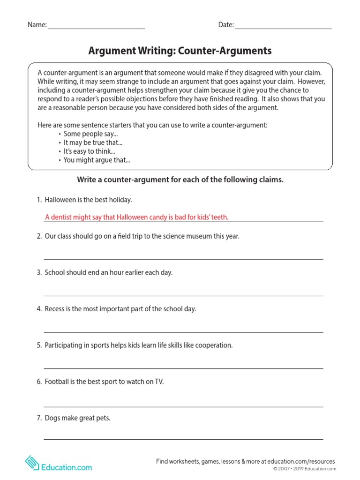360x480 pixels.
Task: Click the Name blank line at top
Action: (96, 28)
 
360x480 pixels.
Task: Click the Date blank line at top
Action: (283, 28)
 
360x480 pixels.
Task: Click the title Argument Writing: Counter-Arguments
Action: (180, 51)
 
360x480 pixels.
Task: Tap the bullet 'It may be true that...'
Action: (93, 142)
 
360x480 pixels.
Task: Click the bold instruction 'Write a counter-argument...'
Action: (180, 180)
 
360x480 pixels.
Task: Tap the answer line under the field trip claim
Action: (183, 258)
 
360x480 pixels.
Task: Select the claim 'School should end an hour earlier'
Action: (108, 273)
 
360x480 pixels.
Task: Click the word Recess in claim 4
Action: (55, 309)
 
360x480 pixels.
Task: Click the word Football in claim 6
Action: (57, 382)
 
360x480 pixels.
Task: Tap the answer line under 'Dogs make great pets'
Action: (183, 438)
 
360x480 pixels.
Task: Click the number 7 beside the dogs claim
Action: (39, 418)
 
